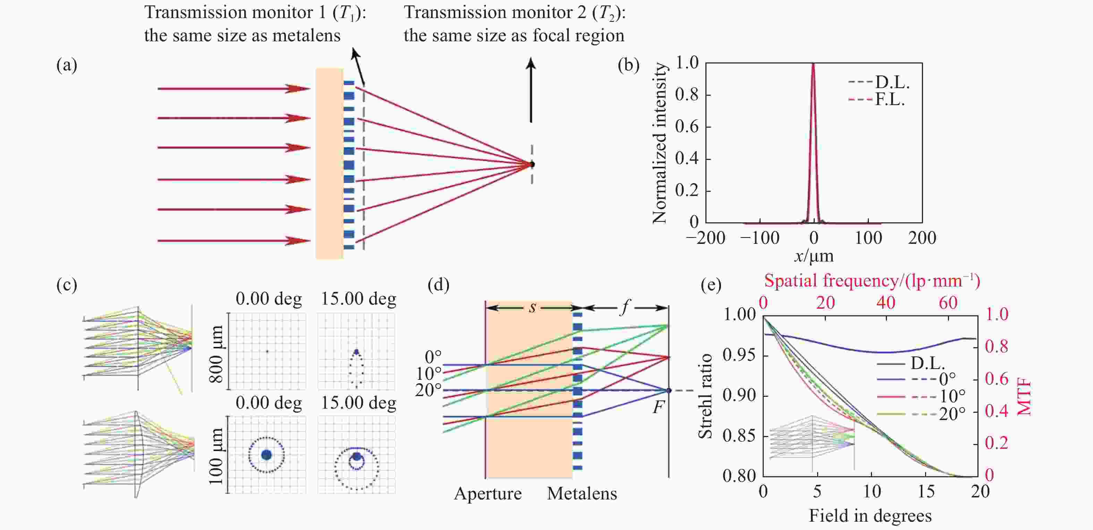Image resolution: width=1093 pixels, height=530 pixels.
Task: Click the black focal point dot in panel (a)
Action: [532, 164]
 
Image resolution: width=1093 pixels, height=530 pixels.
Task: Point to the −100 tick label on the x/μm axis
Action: [760, 238]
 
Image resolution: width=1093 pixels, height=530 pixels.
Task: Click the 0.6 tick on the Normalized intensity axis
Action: [687, 126]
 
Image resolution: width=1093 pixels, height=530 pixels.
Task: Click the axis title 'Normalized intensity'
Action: [659, 143]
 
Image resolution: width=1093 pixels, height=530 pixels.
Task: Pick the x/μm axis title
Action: [814, 256]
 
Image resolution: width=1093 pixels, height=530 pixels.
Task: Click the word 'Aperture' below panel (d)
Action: [488, 494]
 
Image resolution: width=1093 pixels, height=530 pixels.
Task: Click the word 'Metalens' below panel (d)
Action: [582, 494]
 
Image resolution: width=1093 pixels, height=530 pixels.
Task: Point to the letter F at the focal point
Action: [658, 408]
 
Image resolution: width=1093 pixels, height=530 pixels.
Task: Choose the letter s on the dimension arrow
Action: [532, 307]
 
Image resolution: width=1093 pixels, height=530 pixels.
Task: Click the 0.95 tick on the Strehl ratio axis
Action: [739, 354]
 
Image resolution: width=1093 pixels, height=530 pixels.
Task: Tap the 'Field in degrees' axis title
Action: [870, 515]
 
